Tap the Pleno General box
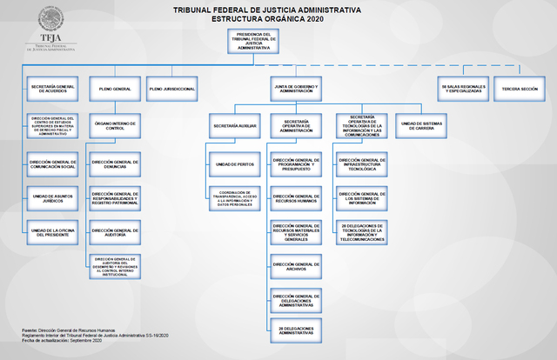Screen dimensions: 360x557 (115, 89)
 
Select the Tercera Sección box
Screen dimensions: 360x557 (520, 89)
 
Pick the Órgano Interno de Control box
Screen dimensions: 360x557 (115, 126)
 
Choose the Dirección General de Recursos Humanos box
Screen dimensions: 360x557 (296, 198)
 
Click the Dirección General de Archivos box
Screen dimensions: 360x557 (296, 265)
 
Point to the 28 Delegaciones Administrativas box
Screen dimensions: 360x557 (296, 330)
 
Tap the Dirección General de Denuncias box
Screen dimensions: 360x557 (115, 163)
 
